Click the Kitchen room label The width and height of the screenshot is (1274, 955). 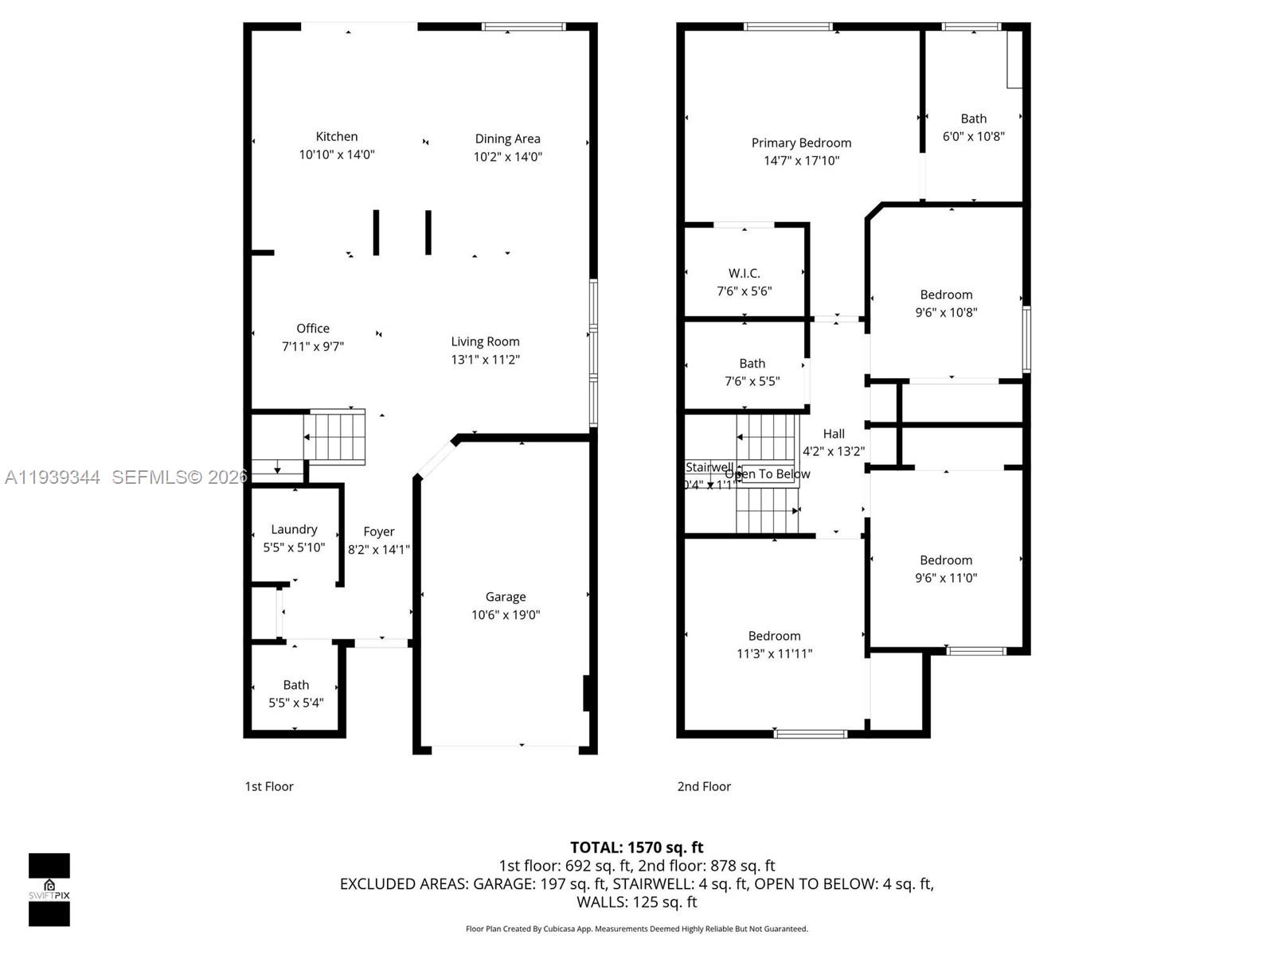click(x=336, y=137)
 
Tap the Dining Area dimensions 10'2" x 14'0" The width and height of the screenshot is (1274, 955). click(x=507, y=157)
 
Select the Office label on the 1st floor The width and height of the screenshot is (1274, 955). click(x=312, y=329)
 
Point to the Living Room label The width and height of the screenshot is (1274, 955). click(x=485, y=341)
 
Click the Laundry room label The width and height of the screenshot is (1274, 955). click(x=294, y=529)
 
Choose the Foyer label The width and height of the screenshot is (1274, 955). click(x=378, y=532)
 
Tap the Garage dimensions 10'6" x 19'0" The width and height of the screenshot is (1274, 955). click(x=505, y=614)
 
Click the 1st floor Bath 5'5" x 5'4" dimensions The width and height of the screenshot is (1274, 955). click(x=295, y=703)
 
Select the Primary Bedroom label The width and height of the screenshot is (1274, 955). click(x=801, y=143)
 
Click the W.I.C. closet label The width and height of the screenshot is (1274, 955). click(x=744, y=273)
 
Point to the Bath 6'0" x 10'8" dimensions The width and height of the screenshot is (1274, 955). click(x=973, y=136)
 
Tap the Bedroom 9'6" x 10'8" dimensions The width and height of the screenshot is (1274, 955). click(x=945, y=313)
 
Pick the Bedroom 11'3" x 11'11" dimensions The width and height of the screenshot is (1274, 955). click(x=774, y=654)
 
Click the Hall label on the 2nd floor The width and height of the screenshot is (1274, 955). click(x=834, y=434)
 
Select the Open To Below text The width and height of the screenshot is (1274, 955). click(x=767, y=474)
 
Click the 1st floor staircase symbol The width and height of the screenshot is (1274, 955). click(x=334, y=437)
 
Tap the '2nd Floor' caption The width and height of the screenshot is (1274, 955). click(x=703, y=786)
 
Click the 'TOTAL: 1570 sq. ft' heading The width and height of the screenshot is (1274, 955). click(x=636, y=848)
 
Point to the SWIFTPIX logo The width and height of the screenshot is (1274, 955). click(x=49, y=890)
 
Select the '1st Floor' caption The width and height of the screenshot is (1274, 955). click(x=268, y=786)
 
